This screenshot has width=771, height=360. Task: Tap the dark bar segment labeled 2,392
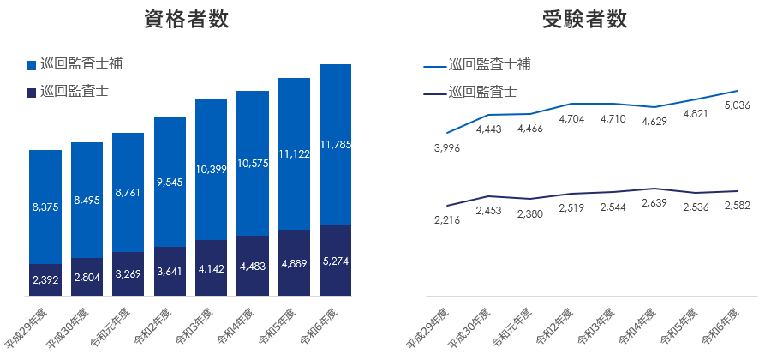click(45, 279)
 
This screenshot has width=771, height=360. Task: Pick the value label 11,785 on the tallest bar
click(335, 144)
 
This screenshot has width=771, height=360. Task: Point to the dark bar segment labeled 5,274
click(335, 260)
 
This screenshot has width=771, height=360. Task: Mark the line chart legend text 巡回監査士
click(482, 92)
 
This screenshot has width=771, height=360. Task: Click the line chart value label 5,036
click(743, 106)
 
